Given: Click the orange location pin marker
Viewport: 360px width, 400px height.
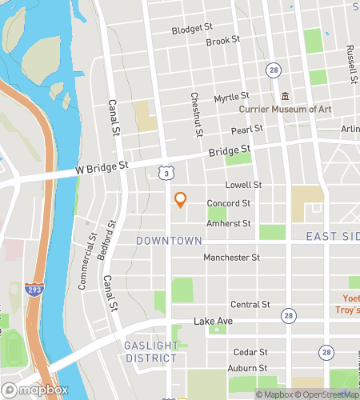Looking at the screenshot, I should [180, 199].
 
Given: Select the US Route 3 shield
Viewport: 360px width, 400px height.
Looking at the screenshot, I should [164, 172].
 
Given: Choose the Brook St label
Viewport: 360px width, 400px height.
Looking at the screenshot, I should [223, 41].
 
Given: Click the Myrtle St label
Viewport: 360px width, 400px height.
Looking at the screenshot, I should [232, 97].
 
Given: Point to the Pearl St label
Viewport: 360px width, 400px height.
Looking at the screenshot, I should [247, 130].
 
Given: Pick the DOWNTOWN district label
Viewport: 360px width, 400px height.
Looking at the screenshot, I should [169, 240].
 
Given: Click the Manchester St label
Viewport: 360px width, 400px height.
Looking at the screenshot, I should [231, 258].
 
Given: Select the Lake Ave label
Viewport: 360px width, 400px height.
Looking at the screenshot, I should [213, 321].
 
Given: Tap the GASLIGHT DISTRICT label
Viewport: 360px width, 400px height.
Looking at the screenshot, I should [150, 351].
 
